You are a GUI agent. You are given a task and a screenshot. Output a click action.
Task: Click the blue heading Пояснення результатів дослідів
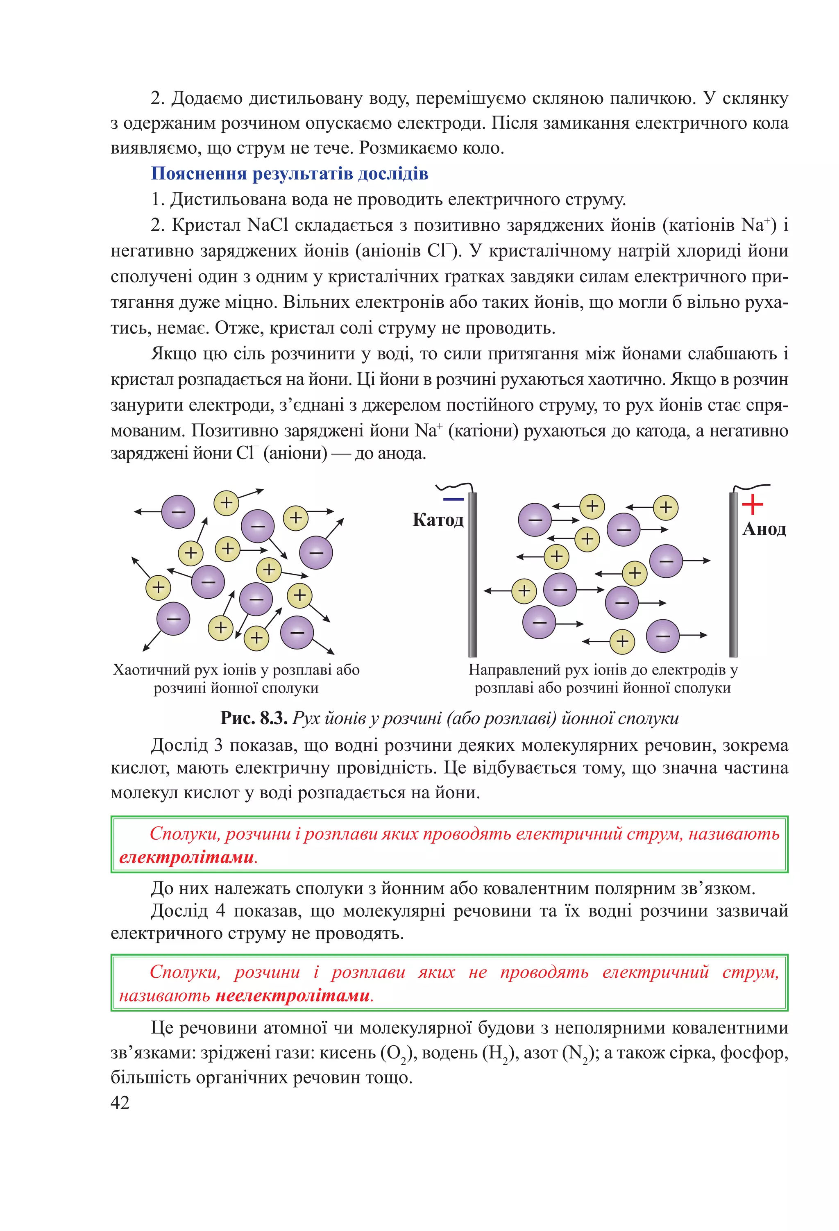click(x=289, y=174)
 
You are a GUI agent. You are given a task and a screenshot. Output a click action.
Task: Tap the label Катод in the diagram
click(x=438, y=520)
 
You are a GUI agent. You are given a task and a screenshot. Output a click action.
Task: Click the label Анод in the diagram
click(x=764, y=529)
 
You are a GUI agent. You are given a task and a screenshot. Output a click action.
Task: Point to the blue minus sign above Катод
click(x=453, y=499)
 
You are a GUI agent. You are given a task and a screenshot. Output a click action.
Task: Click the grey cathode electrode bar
click(x=472, y=575)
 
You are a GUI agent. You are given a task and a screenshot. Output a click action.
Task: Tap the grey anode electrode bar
click(x=733, y=575)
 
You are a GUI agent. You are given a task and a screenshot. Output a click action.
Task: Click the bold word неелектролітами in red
click(x=293, y=995)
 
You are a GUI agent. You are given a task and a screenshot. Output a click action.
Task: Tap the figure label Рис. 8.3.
click(x=254, y=718)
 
